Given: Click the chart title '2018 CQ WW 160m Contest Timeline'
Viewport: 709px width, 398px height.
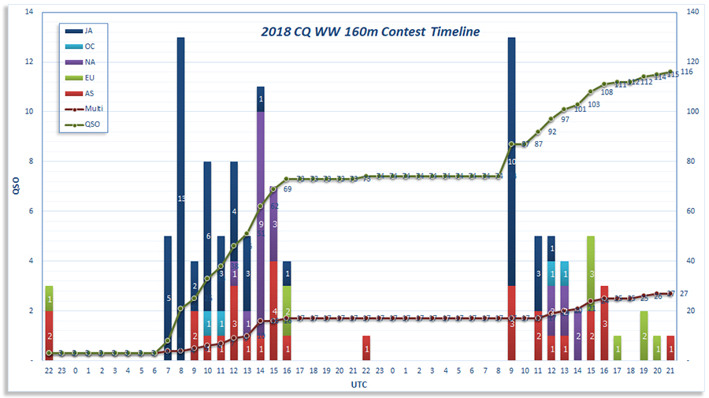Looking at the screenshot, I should point(370,32).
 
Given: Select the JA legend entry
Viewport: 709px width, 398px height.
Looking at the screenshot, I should point(88,31).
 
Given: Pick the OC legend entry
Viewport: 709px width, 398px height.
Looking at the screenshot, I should point(88,46).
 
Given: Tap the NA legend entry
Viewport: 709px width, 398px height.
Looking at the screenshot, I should point(88,61).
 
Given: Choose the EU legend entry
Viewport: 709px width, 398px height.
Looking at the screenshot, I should point(88,77).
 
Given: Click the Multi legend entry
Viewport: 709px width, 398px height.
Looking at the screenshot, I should point(88,108).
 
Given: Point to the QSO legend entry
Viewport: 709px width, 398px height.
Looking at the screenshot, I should point(88,124).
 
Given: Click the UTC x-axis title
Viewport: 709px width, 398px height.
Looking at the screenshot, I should point(359,385).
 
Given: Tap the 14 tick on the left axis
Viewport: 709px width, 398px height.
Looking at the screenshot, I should point(29,12).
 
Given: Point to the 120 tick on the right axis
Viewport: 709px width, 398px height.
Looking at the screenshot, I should point(693,61).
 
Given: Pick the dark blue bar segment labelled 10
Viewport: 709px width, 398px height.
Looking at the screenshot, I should point(511,162).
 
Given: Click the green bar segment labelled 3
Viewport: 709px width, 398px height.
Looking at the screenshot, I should point(591,273).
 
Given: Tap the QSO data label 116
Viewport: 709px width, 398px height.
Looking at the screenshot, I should point(686,72).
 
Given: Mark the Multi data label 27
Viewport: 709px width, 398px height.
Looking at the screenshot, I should point(684,293).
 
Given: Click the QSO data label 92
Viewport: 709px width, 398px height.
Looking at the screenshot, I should point(551,132).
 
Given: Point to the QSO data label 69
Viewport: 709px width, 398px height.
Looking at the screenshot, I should point(288,189).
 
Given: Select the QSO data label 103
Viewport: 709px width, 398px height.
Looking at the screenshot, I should point(593,104).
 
